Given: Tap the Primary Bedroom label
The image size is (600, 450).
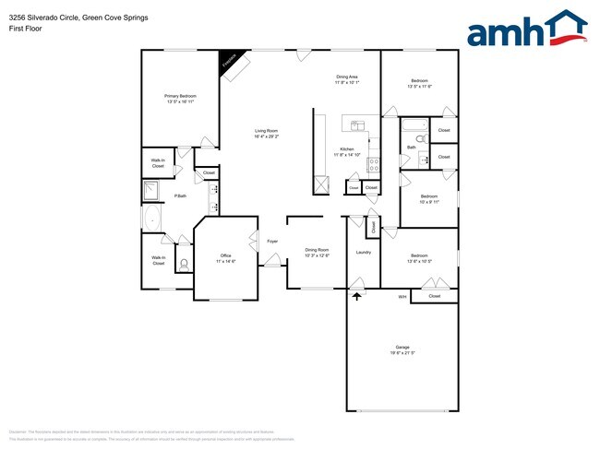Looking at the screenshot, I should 180,96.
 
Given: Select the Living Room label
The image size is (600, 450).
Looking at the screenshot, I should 267,131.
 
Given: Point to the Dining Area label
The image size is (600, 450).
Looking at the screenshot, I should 346,77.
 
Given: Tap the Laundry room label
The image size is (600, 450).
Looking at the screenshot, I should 363,252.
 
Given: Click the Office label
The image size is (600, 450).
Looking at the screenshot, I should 225,255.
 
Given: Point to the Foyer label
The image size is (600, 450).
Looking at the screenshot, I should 272,242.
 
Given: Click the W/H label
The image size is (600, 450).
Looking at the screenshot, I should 402,297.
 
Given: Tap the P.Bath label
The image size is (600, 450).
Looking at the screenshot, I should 181,195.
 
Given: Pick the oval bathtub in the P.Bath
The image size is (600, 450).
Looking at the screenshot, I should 152,219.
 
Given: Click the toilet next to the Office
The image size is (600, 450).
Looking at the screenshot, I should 183,264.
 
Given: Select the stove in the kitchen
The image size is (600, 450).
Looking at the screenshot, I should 375,166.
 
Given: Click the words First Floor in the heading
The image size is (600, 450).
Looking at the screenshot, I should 23,27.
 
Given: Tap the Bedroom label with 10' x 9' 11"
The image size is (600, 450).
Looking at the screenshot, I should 429,196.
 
